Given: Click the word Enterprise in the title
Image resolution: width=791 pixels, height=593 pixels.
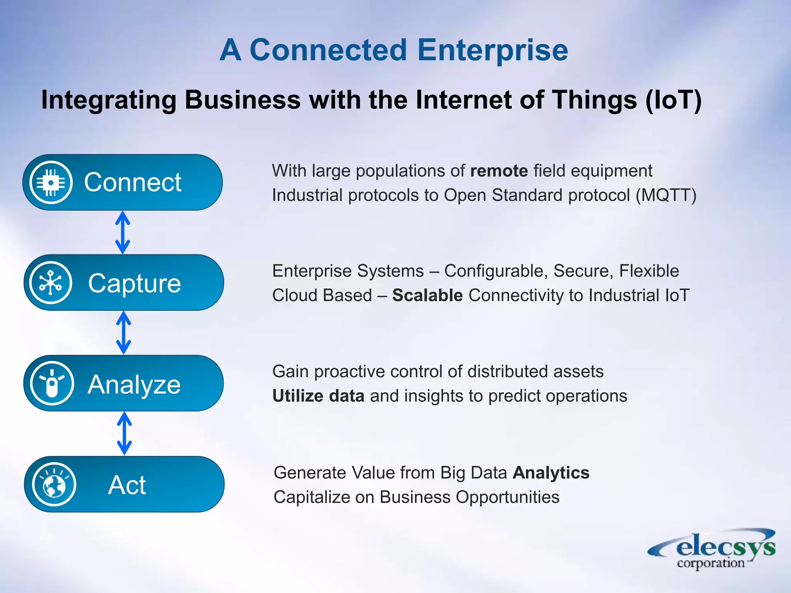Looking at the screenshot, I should [x=492, y=50].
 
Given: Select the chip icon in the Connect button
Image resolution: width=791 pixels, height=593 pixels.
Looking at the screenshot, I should [x=51, y=182].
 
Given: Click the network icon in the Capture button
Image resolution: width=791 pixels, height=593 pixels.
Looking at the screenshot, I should [x=51, y=283].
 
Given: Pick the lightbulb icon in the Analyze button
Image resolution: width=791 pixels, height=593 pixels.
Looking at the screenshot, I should [x=52, y=383].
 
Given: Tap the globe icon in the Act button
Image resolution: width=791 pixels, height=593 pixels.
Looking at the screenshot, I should [x=54, y=485].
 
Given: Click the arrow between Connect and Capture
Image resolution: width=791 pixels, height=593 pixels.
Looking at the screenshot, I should [x=122, y=232].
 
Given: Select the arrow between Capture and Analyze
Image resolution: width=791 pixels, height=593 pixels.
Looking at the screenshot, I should [x=124, y=333].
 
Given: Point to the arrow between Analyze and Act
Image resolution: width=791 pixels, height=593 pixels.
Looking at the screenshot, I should [x=124, y=433].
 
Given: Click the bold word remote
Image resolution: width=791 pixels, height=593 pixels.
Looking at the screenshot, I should [x=499, y=171].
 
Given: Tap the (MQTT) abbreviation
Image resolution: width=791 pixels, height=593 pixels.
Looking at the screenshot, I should [x=666, y=195].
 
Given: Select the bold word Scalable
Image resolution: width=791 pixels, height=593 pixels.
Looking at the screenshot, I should [x=427, y=295].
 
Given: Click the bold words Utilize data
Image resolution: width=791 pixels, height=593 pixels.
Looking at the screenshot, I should [x=318, y=396].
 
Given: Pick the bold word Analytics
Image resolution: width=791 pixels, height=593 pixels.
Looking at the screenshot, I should [x=551, y=473].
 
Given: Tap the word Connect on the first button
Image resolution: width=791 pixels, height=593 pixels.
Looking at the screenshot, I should [x=132, y=182].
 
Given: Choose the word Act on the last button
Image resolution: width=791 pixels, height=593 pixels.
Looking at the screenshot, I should [x=127, y=485].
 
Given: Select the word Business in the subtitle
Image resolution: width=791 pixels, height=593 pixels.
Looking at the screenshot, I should [x=242, y=100].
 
